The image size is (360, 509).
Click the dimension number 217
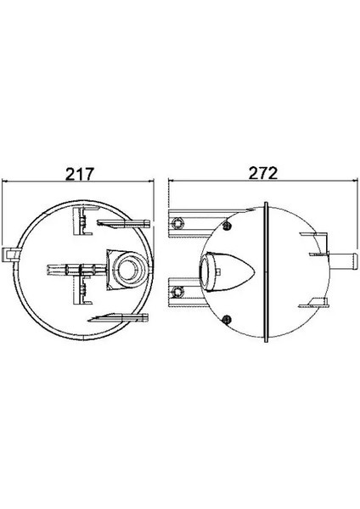pyautogui.click(x=80, y=174)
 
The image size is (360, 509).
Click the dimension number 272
pyautogui.click(x=263, y=173)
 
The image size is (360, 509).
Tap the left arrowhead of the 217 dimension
pyautogui.click(x=4, y=182)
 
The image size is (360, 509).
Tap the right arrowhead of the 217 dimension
pyautogui.click(x=150, y=182)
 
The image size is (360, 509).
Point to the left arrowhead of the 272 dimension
pyautogui.click(x=172, y=180)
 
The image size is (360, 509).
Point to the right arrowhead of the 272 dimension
pyautogui.click(x=354, y=180)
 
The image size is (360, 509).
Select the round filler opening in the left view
pyautogui.click(x=129, y=270)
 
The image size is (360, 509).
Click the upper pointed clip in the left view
pyautogui.click(x=123, y=222)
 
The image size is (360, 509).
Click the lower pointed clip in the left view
pyautogui.click(x=118, y=318)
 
